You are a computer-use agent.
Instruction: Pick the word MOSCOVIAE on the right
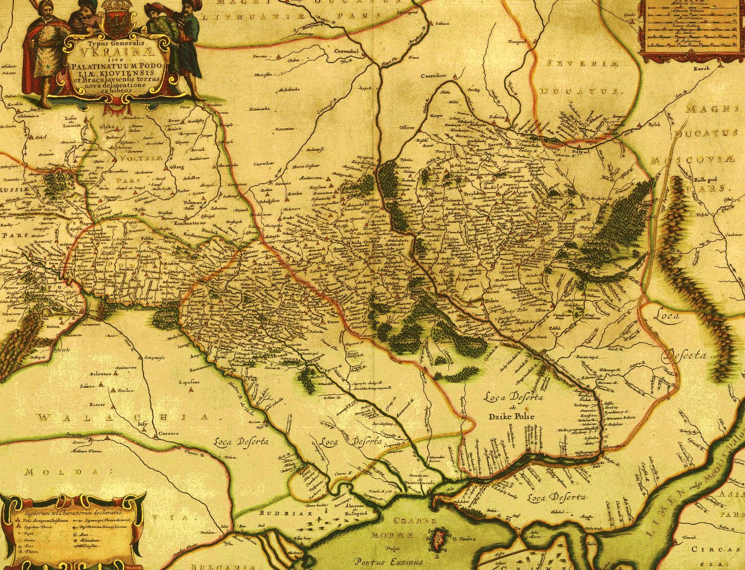pyautogui.click(x=690, y=161)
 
